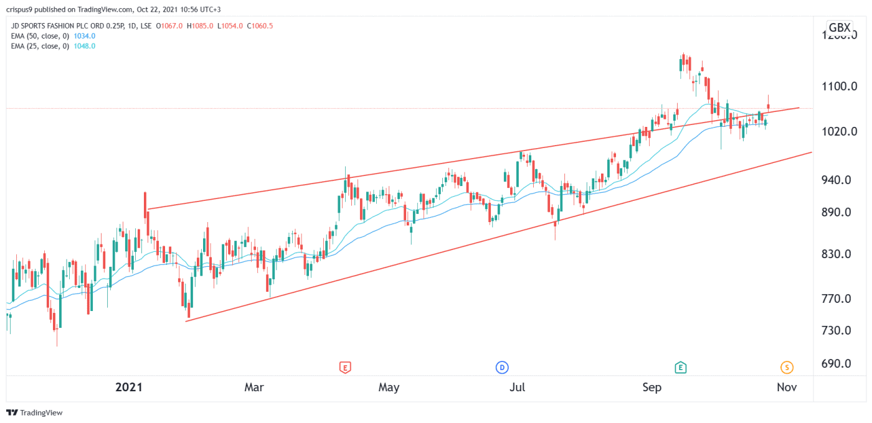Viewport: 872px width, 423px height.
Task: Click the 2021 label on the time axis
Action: pyautogui.click(x=129, y=387)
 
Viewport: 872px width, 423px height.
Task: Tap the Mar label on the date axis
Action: pyautogui.click(x=254, y=387)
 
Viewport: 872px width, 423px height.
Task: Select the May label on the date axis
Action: pyautogui.click(x=389, y=387)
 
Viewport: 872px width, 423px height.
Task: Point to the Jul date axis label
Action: pyautogui.click(x=517, y=387)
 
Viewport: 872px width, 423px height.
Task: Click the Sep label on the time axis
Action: pyautogui.click(x=652, y=387)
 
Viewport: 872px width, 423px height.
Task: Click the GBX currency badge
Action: pyautogui.click(x=839, y=27)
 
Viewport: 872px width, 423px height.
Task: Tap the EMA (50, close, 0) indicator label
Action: pyautogui.click(x=40, y=37)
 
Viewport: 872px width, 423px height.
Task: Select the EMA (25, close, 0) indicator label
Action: pyautogui.click(x=40, y=46)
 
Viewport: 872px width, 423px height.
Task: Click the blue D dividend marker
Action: pyautogui.click(x=502, y=368)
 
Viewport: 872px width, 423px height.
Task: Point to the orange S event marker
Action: pyautogui.click(x=787, y=368)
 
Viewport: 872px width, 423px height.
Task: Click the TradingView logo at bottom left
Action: pyautogui.click(x=35, y=412)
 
